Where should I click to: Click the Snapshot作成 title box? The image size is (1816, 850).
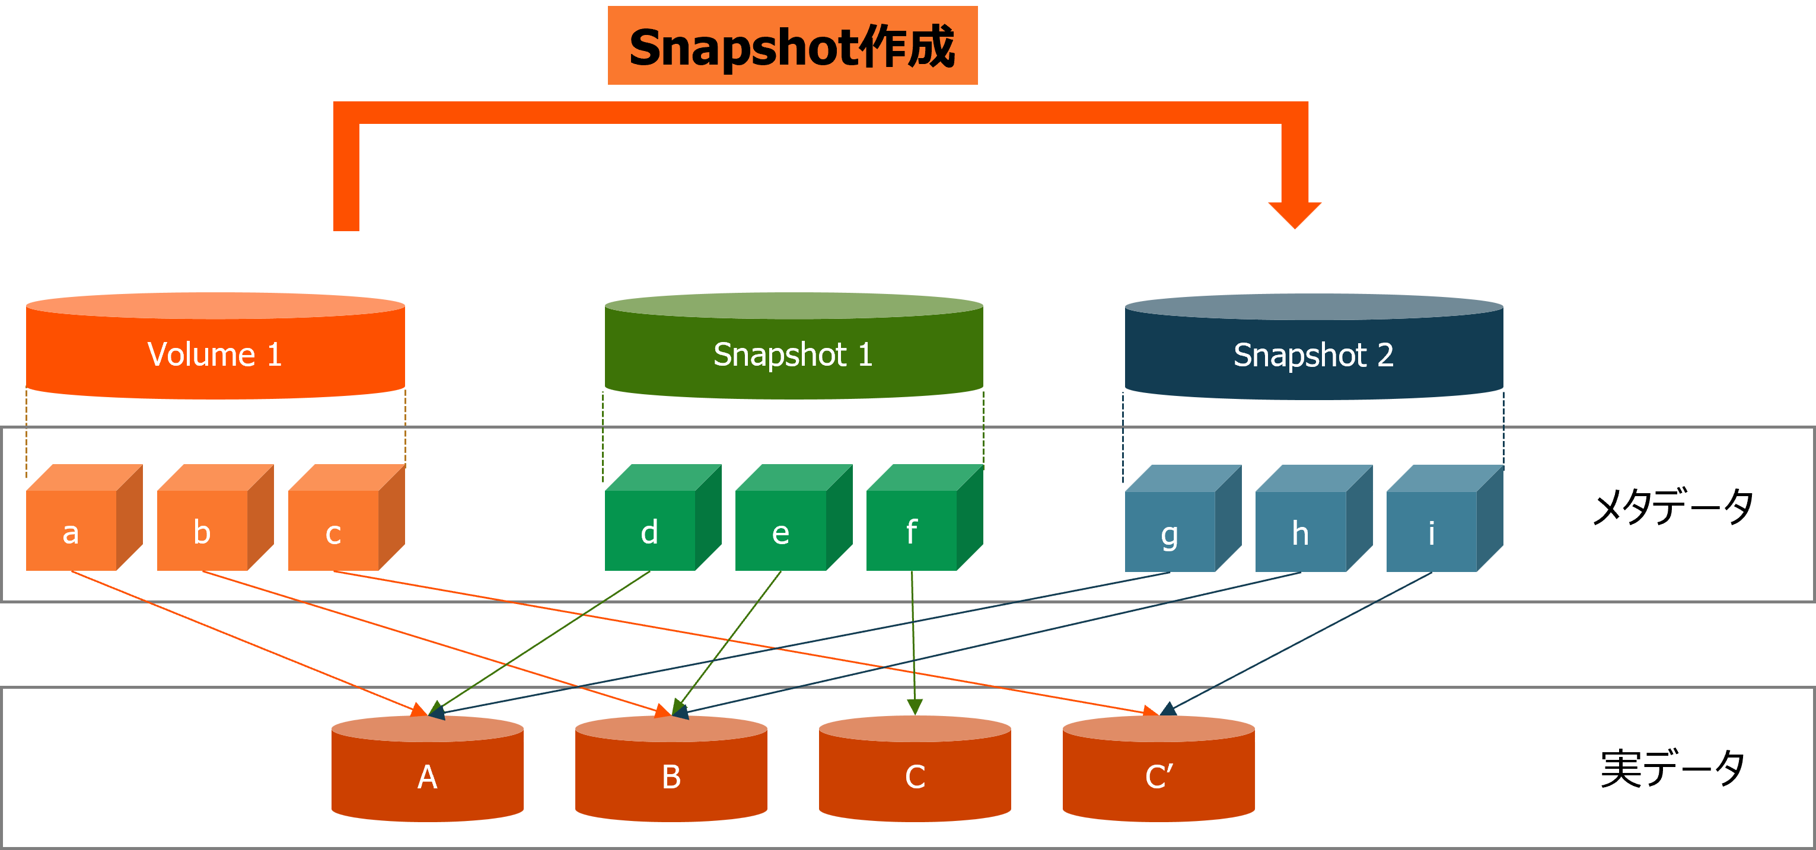[x=792, y=46]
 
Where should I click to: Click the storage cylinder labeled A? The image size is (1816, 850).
[x=427, y=772]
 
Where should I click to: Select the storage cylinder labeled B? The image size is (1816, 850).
[x=671, y=772]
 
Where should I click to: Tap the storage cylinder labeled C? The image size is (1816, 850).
[x=915, y=772]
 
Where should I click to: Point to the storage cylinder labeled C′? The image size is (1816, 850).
[x=1159, y=772]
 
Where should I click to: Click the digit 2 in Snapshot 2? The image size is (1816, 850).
[x=1385, y=354]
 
